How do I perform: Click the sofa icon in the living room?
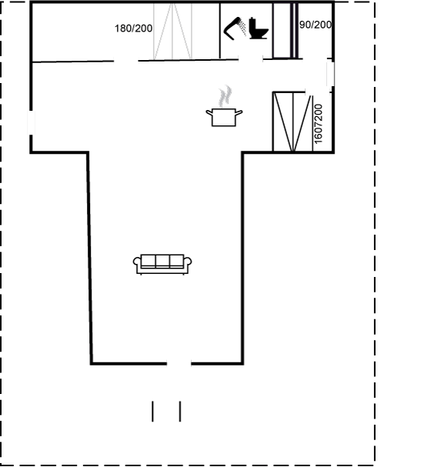(x=162, y=264)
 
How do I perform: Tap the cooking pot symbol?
(x=224, y=118)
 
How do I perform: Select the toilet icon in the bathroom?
(x=259, y=28)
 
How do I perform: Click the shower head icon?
(x=235, y=28)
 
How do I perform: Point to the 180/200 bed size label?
(x=133, y=28)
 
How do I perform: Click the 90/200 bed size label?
(x=316, y=25)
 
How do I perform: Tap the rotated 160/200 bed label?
(x=318, y=124)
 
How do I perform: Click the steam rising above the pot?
(x=226, y=96)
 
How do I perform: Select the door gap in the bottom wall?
(x=179, y=363)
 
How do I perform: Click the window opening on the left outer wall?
(x=31, y=122)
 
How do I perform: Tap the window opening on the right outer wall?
(x=330, y=75)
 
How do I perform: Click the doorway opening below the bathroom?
(x=250, y=59)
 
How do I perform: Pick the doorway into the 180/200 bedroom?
(x=126, y=61)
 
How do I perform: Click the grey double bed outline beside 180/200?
(x=172, y=31)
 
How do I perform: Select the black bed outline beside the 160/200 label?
(x=293, y=122)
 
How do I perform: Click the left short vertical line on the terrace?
(x=153, y=412)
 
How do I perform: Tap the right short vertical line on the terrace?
(x=180, y=412)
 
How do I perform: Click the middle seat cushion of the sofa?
(x=162, y=261)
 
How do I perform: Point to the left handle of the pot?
(x=209, y=112)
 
